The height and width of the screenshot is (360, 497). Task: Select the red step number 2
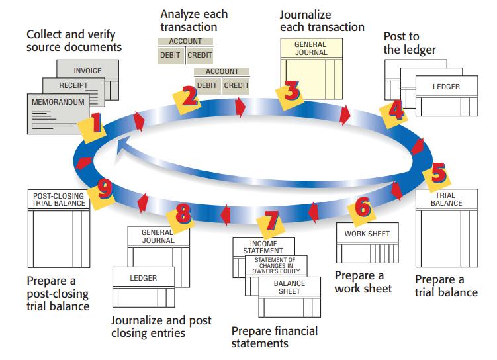190,96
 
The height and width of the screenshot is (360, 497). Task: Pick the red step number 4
396,111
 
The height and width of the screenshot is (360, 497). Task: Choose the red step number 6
362,207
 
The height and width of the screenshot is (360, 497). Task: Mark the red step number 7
269,222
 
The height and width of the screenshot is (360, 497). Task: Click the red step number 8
183,214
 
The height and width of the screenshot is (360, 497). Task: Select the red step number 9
103,190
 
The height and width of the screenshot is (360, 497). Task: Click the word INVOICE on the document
87,71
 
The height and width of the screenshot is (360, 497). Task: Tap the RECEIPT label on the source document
73,86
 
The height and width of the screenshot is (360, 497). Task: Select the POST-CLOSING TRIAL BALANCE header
58,199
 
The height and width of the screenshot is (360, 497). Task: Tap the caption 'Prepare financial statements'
274,337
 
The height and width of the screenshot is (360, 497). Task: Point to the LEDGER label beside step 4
446,87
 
